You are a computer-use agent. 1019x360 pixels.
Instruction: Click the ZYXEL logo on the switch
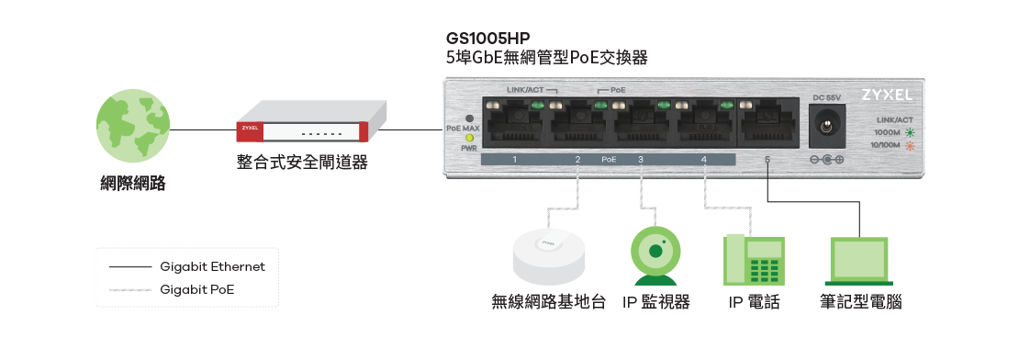coord(886,95)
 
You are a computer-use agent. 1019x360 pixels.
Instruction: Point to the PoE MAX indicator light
coord(469,118)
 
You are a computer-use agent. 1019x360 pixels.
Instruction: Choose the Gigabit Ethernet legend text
coord(212,267)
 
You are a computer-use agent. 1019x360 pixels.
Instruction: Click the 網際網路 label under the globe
coord(133,183)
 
